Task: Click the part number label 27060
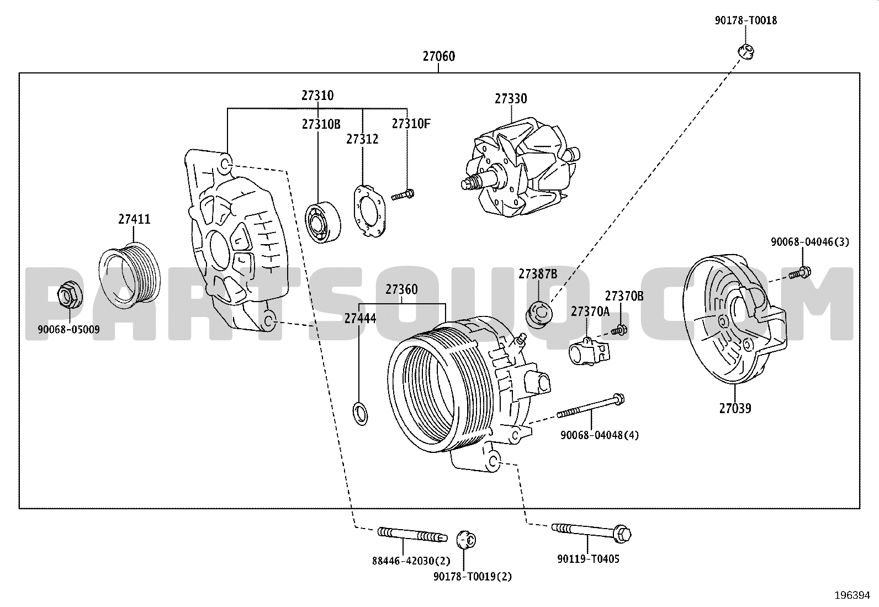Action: (x=439, y=56)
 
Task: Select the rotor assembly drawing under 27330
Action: (x=521, y=167)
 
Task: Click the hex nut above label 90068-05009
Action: (x=69, y=294)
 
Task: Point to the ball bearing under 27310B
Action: (x=322, y=222)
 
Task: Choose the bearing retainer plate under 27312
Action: (x=369, y=211)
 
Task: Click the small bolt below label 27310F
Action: (x=403, y=194)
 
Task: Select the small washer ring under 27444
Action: (x=361, y=414)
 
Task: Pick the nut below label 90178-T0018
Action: (x=746, y=52)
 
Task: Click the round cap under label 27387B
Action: (x=539, y=314)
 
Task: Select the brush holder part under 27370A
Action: (x=589, y=351)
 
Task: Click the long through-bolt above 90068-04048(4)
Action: (x=591, y=406)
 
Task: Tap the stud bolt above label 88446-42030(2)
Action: (x=412, y=535)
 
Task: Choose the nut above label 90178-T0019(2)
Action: (x=466, y=540)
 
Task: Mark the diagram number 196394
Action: (x=852, y=595)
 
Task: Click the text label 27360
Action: (x=401, y=289)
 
